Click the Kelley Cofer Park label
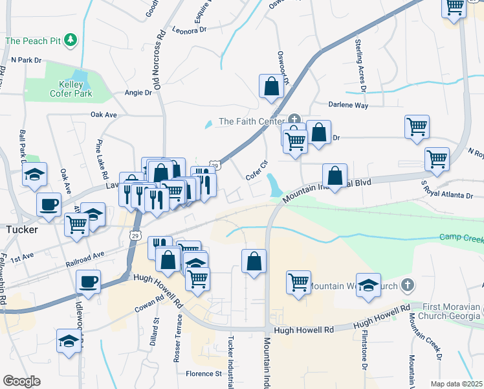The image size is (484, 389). tap(71, 89)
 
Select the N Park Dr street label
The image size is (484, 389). tap(26, 60)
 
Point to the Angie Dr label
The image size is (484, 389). tap(138, 93)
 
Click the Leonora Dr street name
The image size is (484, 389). tap(190, 29)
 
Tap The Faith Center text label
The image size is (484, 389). tap(251, 121)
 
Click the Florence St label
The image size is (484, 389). tap(204, 373)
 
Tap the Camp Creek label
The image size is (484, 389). tap(461, 238)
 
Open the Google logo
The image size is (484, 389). tap(21, 381)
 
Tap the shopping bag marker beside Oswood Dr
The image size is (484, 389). tap(271, 87)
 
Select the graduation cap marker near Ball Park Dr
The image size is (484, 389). tap(34, 174)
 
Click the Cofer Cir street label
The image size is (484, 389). tap(257, 170)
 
